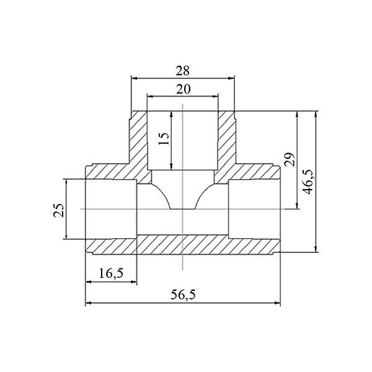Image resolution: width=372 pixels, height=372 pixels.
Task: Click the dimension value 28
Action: click(183, 71)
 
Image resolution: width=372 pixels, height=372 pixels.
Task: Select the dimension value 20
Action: click(183, 89)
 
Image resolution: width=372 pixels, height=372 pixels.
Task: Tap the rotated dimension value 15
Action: click(164, 138)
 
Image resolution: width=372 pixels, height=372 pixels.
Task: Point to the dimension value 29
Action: click(290, 159)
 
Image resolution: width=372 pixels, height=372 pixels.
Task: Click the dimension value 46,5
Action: click(308, 182)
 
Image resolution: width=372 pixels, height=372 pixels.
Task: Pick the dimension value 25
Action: click(59, 210)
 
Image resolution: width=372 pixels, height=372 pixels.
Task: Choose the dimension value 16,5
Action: click(111, 273)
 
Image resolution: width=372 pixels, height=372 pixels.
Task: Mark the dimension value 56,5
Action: click(183, 295)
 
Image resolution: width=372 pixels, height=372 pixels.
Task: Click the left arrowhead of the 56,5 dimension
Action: click(88, 303)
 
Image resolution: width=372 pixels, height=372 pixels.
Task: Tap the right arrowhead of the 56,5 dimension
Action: click(277, 303)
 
